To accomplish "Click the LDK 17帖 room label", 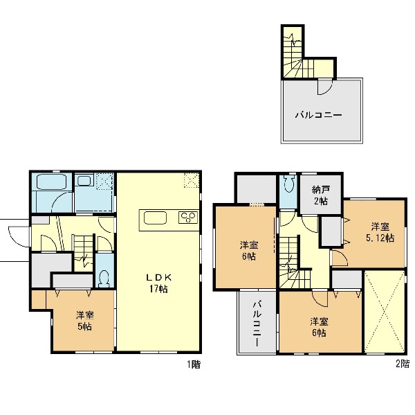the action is click(159, 283).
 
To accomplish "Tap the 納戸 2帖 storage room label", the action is click(321, 195).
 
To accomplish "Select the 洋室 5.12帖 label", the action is click(380, 232).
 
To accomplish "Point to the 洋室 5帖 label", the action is click(85, 321).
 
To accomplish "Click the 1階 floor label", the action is click(194, 364).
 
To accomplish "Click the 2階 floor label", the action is click(403, 364).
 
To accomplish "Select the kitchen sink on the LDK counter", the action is click(155, 218).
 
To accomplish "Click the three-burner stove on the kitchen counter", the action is click(188, 217).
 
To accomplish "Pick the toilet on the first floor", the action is click(104, 279).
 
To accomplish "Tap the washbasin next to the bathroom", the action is click(84, 181).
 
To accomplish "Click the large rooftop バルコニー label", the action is click(319, 115).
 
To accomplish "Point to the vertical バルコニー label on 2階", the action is click(257, 324).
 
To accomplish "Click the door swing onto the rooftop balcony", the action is click(324, 87).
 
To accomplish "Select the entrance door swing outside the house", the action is click(19, 237).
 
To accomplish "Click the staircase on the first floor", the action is click(84, 252).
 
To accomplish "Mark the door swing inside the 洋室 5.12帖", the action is click(340, 257).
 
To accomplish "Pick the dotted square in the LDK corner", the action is click(192, 180).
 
